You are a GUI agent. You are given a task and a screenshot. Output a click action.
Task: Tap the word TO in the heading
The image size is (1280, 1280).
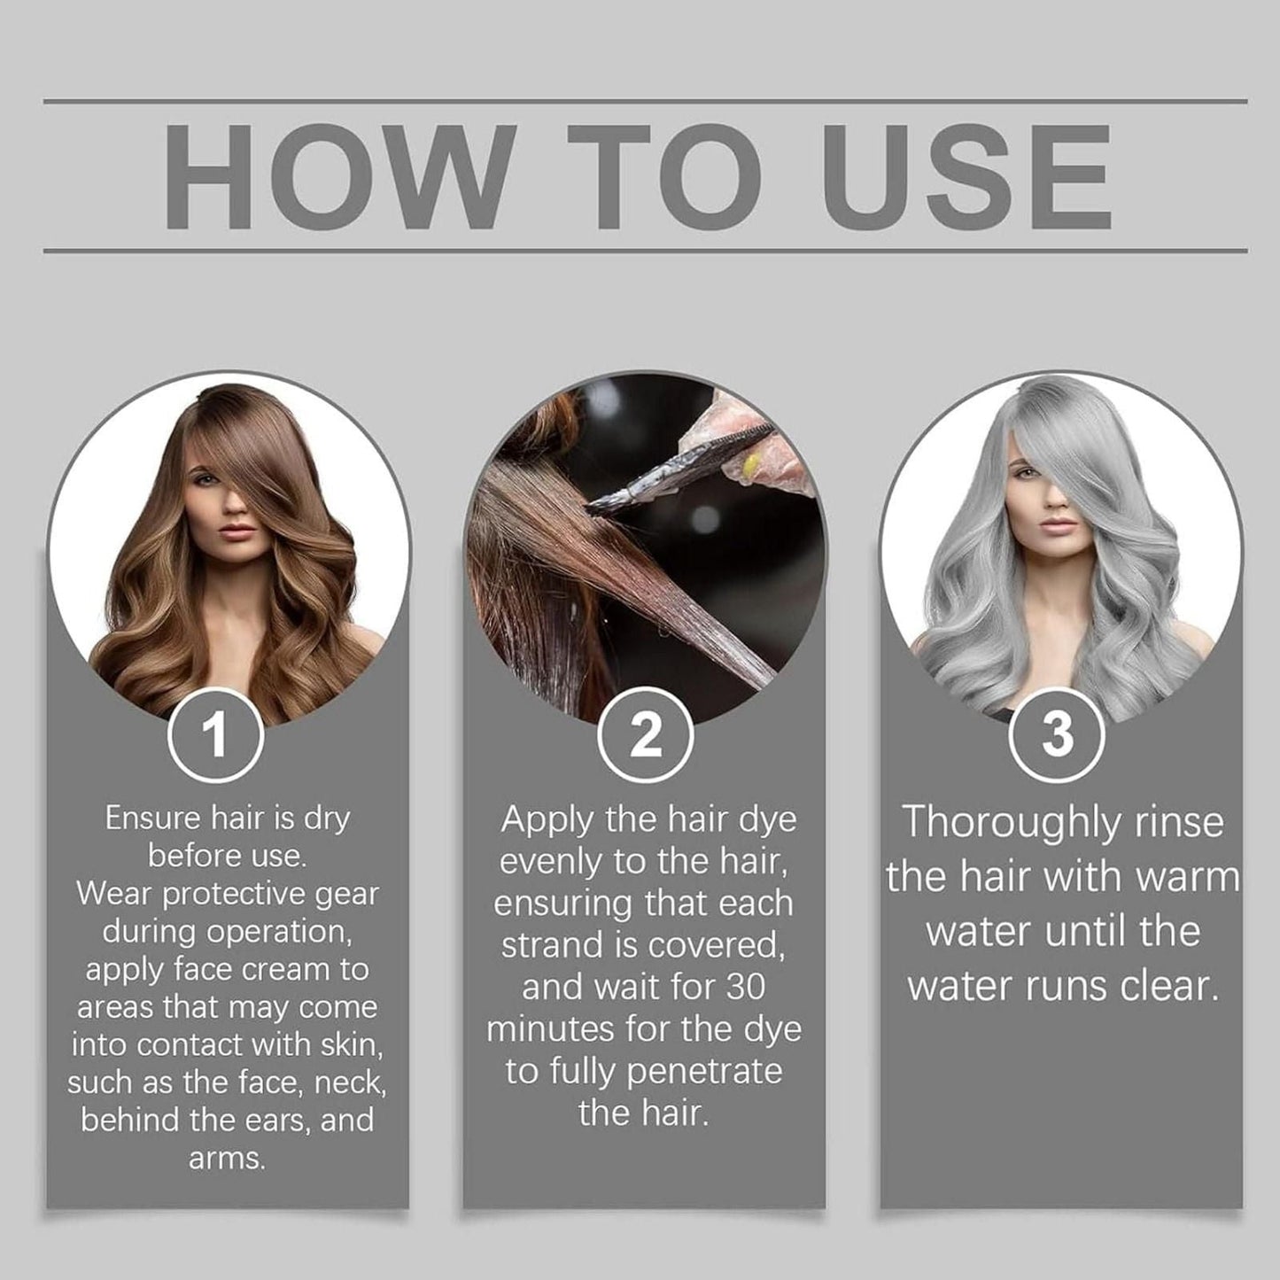pyautogui.click(x=664, y=176)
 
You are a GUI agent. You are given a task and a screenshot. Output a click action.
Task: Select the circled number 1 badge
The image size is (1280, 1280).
pyautogui.click(x=215, y=735)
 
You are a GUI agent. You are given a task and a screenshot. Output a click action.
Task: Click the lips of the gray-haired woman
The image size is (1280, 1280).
pyautogui.click(x=1058, y=524)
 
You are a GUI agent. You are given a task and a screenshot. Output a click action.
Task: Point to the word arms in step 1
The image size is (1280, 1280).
pyautogui.click(x=226, y=1159)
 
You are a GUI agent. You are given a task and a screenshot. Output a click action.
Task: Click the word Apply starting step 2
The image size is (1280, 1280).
pyautogui.click(x=547, y=820)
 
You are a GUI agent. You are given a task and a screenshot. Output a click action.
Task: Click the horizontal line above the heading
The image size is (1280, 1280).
pyautogui.click(x=645, y=101)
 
